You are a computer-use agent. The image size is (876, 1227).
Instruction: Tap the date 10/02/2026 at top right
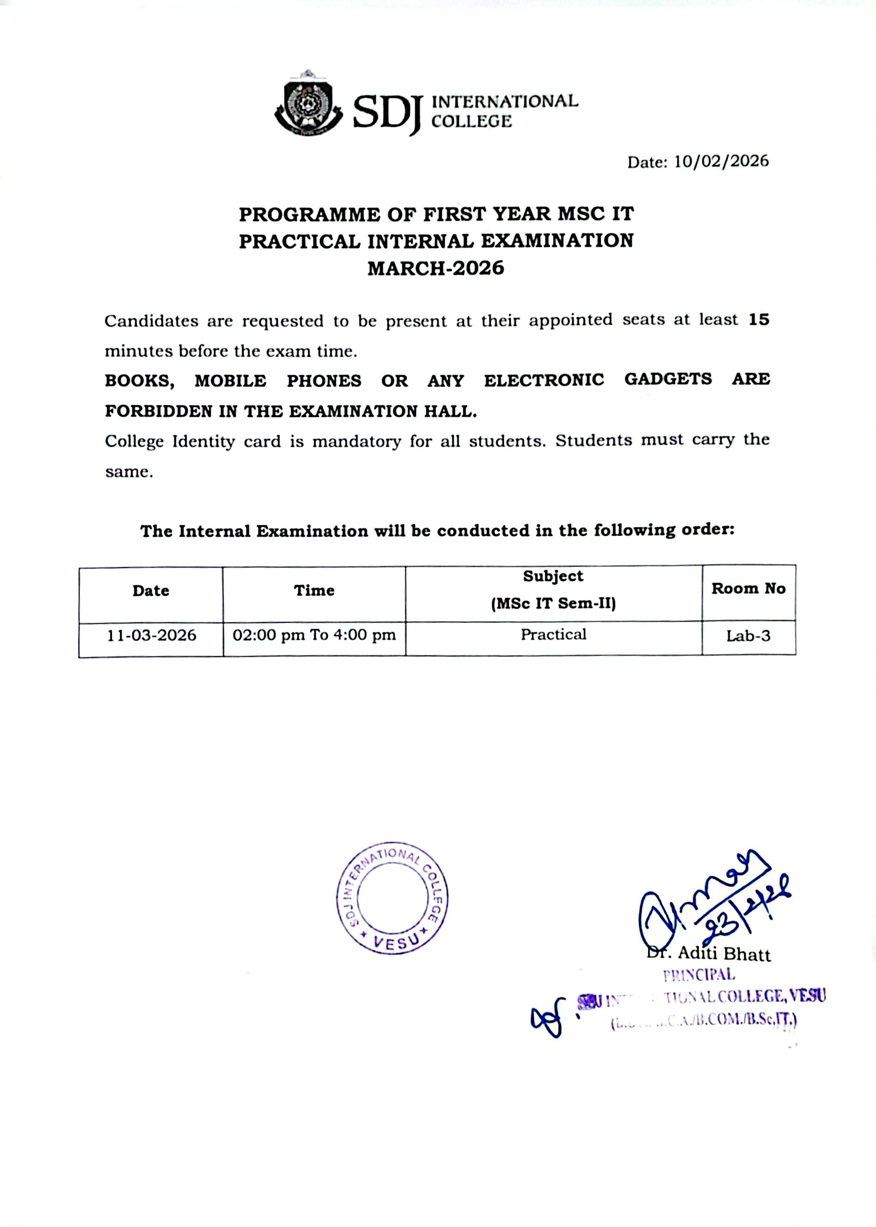tap(721, 161)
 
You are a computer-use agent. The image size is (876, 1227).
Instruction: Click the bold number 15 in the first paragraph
tap(758, 320)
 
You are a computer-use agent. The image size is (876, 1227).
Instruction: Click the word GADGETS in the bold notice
tap(668, 379)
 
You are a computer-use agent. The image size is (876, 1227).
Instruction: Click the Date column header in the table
tap(151, 591)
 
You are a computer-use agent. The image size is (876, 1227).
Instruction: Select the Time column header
tap(314, 590)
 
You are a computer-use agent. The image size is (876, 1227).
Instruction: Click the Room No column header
tap(748, 589)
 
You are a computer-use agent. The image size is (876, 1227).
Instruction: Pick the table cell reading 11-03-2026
tap(151, 635)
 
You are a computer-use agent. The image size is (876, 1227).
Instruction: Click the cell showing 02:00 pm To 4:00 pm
tap(314, 635)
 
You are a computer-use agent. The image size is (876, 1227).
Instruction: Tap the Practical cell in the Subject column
tap(554, 635)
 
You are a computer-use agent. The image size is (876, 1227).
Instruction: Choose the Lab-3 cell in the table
tap(748, 636)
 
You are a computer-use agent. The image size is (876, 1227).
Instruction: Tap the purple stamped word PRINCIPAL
tap(699, 975)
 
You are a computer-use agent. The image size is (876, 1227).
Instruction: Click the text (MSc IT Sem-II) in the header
tap(554, 603)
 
